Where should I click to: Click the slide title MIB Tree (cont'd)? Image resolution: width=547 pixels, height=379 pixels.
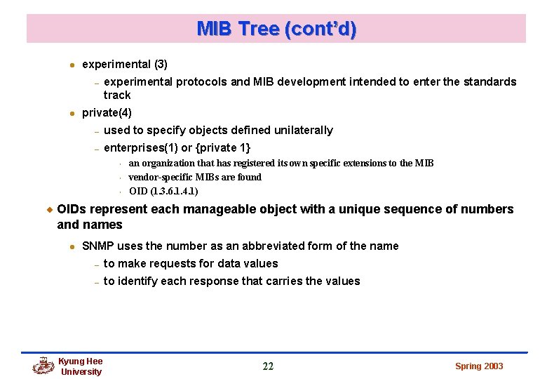pyautogui.click(x=276, y=29)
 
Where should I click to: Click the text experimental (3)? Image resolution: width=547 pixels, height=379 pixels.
pyautogui.click(x=124, y=64)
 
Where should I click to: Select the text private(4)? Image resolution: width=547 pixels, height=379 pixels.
pyautogui.click(x=107, y=112)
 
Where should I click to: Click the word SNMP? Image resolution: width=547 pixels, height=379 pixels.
pyautogui.click(x=98, y=246)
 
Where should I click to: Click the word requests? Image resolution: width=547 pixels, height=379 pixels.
pyautogui.click(x=167, y=263)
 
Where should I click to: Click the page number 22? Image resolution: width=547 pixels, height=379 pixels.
pyautogui.click(x=268, y=366)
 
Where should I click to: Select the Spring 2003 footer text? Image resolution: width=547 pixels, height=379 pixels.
pyautogui.click(x=479, y=366)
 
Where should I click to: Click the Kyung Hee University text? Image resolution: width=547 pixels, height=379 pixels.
pyautogui.click(x=81, y=366)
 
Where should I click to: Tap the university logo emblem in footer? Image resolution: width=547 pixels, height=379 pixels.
pyautogui.click(x=43, y=366)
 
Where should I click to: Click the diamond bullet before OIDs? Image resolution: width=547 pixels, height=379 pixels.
pyautogui.click(x=49, y=209)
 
